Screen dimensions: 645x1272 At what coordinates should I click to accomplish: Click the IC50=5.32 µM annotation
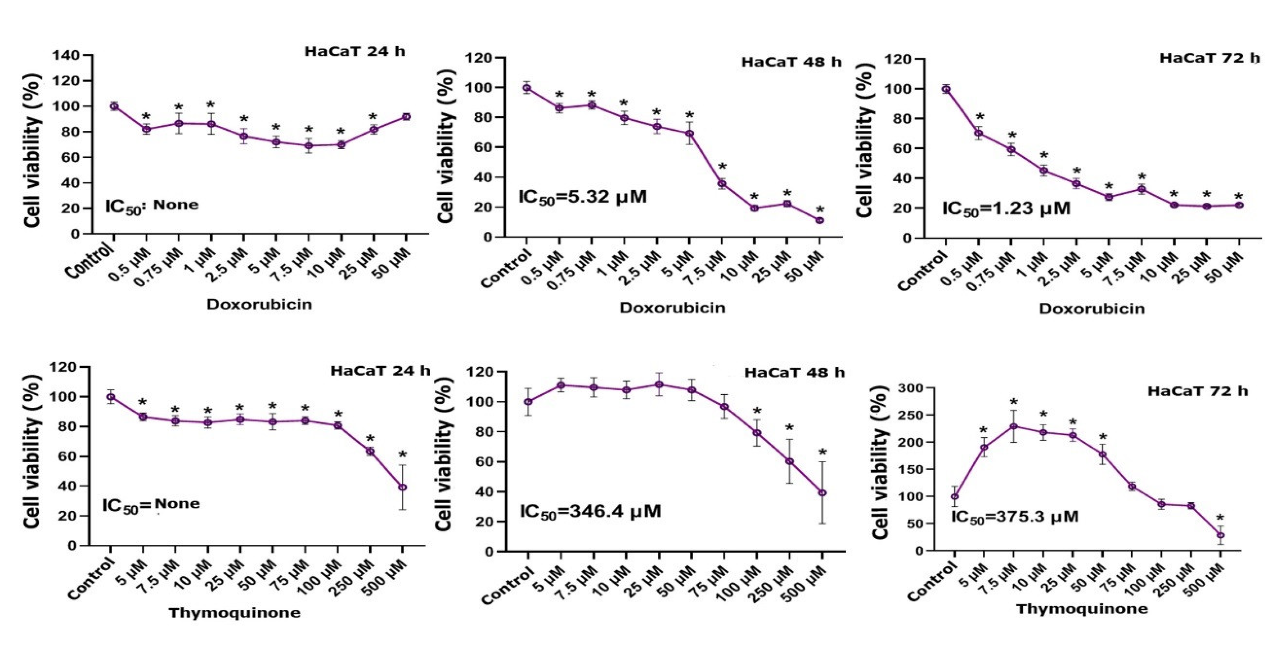click(x=583, y=197)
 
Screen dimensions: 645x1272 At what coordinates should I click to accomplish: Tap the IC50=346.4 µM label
click(x=590, y=511)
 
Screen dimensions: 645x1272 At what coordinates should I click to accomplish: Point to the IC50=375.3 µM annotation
click(x=1014, y=517)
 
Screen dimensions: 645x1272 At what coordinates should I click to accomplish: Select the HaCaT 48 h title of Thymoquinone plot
click(x=794, y=373)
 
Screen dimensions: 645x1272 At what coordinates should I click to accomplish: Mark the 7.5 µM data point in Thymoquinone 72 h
click(x=1013, y=426)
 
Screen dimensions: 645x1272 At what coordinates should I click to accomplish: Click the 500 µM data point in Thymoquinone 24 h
click(x=402, y=487)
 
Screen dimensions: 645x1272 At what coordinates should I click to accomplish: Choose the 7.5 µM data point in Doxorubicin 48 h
click(x=722, y=183)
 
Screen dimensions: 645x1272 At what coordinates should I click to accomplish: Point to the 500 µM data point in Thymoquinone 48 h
click(x=822, y=493)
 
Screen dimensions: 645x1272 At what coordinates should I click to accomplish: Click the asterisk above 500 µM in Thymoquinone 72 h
click(x=1220, y=518)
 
